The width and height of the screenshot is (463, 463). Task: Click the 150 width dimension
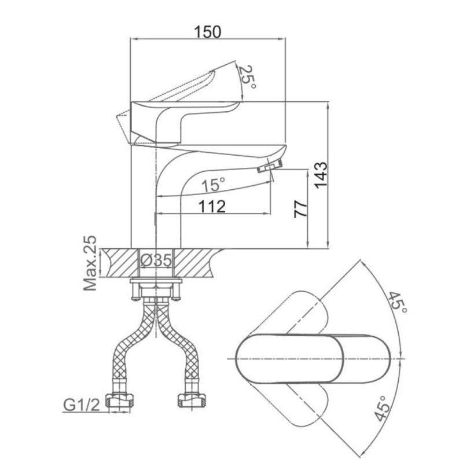[x=207, y=32]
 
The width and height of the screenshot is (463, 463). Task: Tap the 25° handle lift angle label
[x=247, y=77]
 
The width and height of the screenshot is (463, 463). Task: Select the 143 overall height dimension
[x=321, y=175]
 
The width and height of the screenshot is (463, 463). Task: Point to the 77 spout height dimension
[x=300, y=209]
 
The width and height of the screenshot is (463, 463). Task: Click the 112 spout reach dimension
[x=212, y=206]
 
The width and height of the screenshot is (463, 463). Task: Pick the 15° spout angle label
[x=213, y=185]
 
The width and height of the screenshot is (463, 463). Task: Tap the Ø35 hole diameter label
[x=156, y=260]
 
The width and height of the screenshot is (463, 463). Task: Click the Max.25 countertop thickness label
[x=90, y=263]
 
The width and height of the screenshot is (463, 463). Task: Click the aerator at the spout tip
[x=270, y=166]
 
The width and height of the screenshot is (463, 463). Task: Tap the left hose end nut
[x=120, y=400]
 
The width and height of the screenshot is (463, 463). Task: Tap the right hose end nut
[x=192, y=400]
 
